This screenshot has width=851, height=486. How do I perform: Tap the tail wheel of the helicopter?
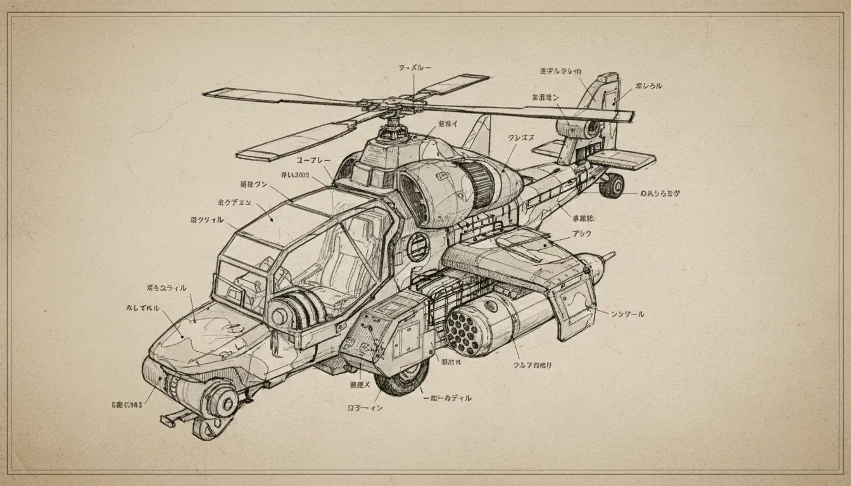click(612, 185)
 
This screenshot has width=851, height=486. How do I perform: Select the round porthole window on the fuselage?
click(417, 247)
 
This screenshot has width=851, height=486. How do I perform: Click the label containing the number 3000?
click(294, 175)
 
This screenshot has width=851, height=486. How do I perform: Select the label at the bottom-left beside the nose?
click(127, 402)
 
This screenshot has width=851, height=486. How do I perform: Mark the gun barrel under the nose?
click(175, 417)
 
